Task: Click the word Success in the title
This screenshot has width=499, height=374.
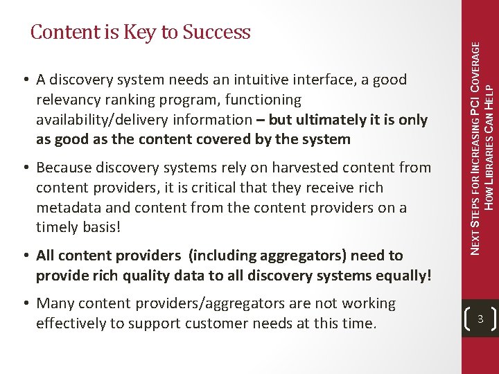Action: (x=216, y=33)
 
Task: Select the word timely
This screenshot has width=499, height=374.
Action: (x=57, y=227)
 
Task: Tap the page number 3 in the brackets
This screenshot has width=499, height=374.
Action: (x=480, y=319)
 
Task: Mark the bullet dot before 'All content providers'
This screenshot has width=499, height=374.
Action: (x=26, y=256)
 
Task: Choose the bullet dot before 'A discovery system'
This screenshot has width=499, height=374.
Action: (x=26, y=80)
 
